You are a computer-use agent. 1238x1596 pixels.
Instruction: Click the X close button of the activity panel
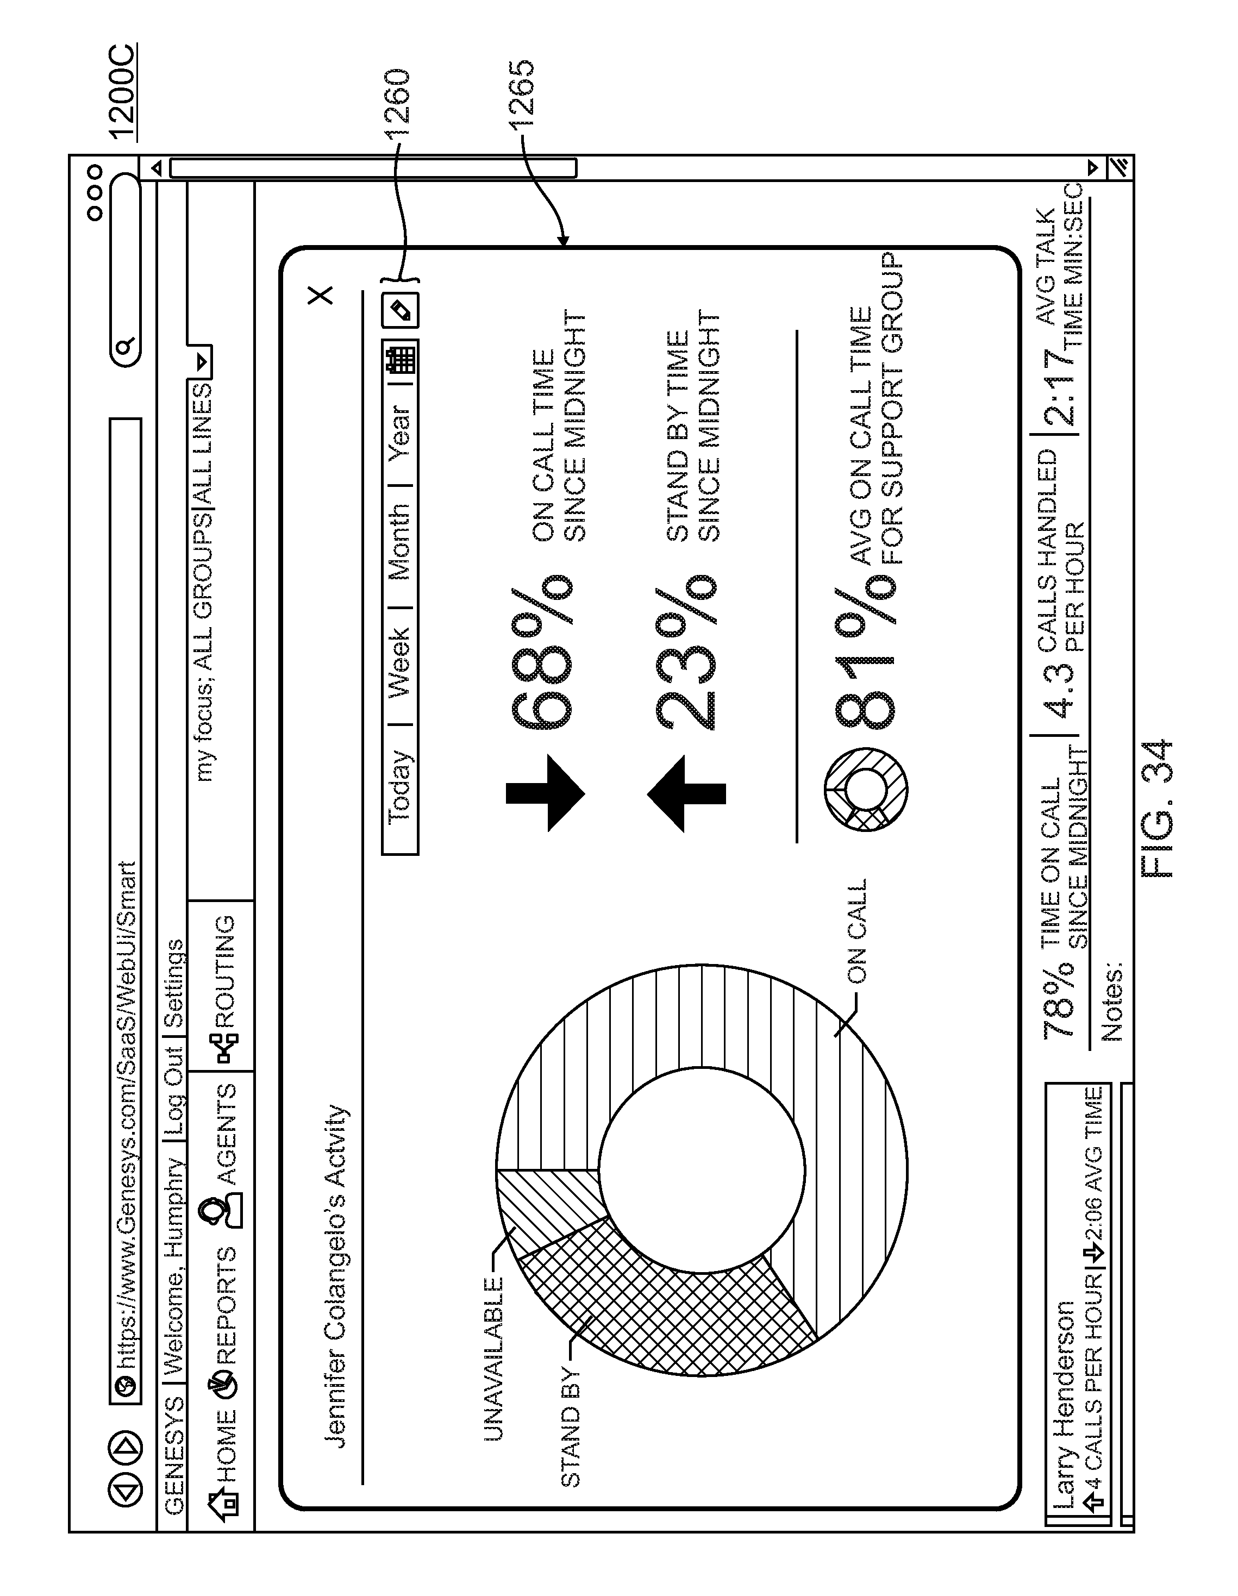tap(320, 295)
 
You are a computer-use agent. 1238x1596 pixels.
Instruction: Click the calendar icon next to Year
tap(401, 360)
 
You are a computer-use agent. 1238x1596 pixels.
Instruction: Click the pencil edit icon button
tap(401, 311)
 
